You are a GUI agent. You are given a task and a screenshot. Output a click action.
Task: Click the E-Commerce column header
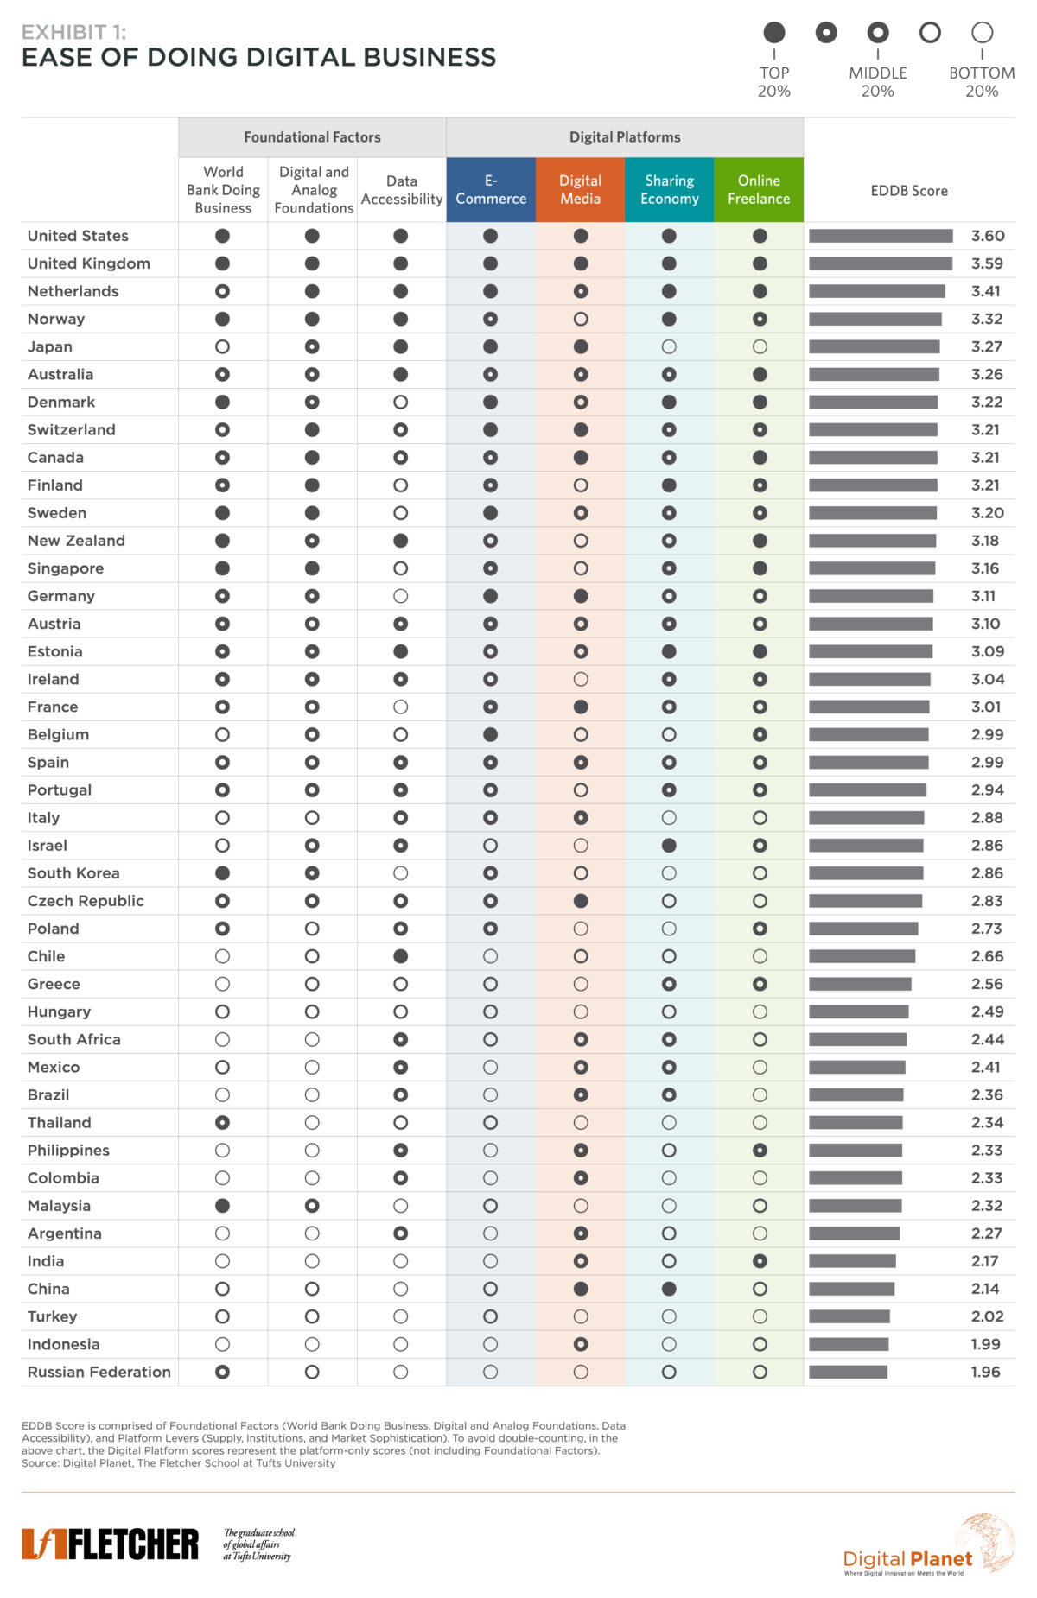click(x=491, y=189)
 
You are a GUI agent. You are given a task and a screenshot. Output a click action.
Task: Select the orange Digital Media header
click(x=581, y=189)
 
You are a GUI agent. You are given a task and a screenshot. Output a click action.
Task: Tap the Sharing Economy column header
click(x=670, y=189)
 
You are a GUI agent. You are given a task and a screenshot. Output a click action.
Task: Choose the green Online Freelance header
click(x=759, y=189)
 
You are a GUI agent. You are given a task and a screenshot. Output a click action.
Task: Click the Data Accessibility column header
click(x=402, y=190)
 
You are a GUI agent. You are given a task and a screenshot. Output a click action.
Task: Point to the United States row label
click(x=78, y=236)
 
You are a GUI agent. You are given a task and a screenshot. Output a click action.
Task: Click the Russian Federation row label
click(x=99, y=1372)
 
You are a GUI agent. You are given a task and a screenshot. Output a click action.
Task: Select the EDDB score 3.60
click(x=988, y=236)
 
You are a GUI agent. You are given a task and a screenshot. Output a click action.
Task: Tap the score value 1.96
click(x=986, y=1372)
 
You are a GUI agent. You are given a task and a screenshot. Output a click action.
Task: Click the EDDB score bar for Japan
click(x=875, y=346)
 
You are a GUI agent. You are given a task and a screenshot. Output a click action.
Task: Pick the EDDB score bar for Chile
click(x=862, y=956)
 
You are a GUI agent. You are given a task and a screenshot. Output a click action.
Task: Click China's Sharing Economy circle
click(x=669, y=1289)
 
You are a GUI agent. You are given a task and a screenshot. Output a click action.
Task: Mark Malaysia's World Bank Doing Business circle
click(x=222, y=1206)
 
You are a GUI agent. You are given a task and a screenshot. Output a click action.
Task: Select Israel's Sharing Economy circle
click(x=669, y=846)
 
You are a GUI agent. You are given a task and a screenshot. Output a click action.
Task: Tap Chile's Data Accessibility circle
click(x=400, y=956)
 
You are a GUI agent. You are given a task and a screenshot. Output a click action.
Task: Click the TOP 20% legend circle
click(x=774, y=33)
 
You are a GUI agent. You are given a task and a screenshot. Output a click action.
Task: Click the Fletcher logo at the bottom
click(x=110, y=1544)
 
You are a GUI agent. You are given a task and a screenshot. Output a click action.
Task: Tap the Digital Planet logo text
click(x=907, y=1558)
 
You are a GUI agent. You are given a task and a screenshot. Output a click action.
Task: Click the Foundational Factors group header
click(x=312, y=137)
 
